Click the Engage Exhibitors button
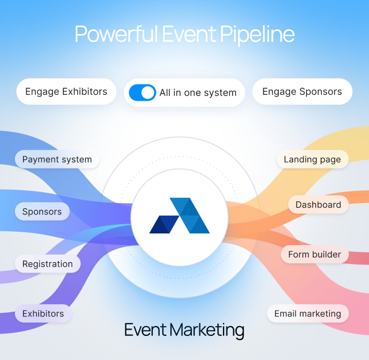66,91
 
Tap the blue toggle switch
142,93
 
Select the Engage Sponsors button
302,91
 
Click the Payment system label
57,159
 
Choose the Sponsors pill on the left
42,212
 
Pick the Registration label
47,264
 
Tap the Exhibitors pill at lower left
43,313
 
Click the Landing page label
312,159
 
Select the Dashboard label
318,205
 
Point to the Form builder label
314,254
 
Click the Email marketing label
307,313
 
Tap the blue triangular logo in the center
180,216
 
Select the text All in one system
198,93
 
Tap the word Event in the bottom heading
145,330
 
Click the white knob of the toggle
148,93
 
